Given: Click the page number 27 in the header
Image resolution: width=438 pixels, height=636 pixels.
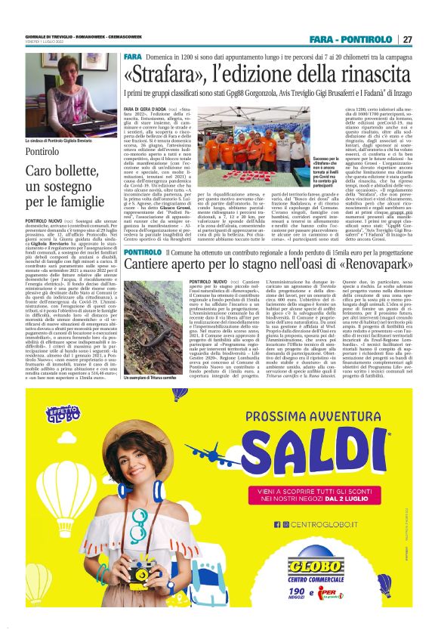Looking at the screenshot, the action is [406, 39].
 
